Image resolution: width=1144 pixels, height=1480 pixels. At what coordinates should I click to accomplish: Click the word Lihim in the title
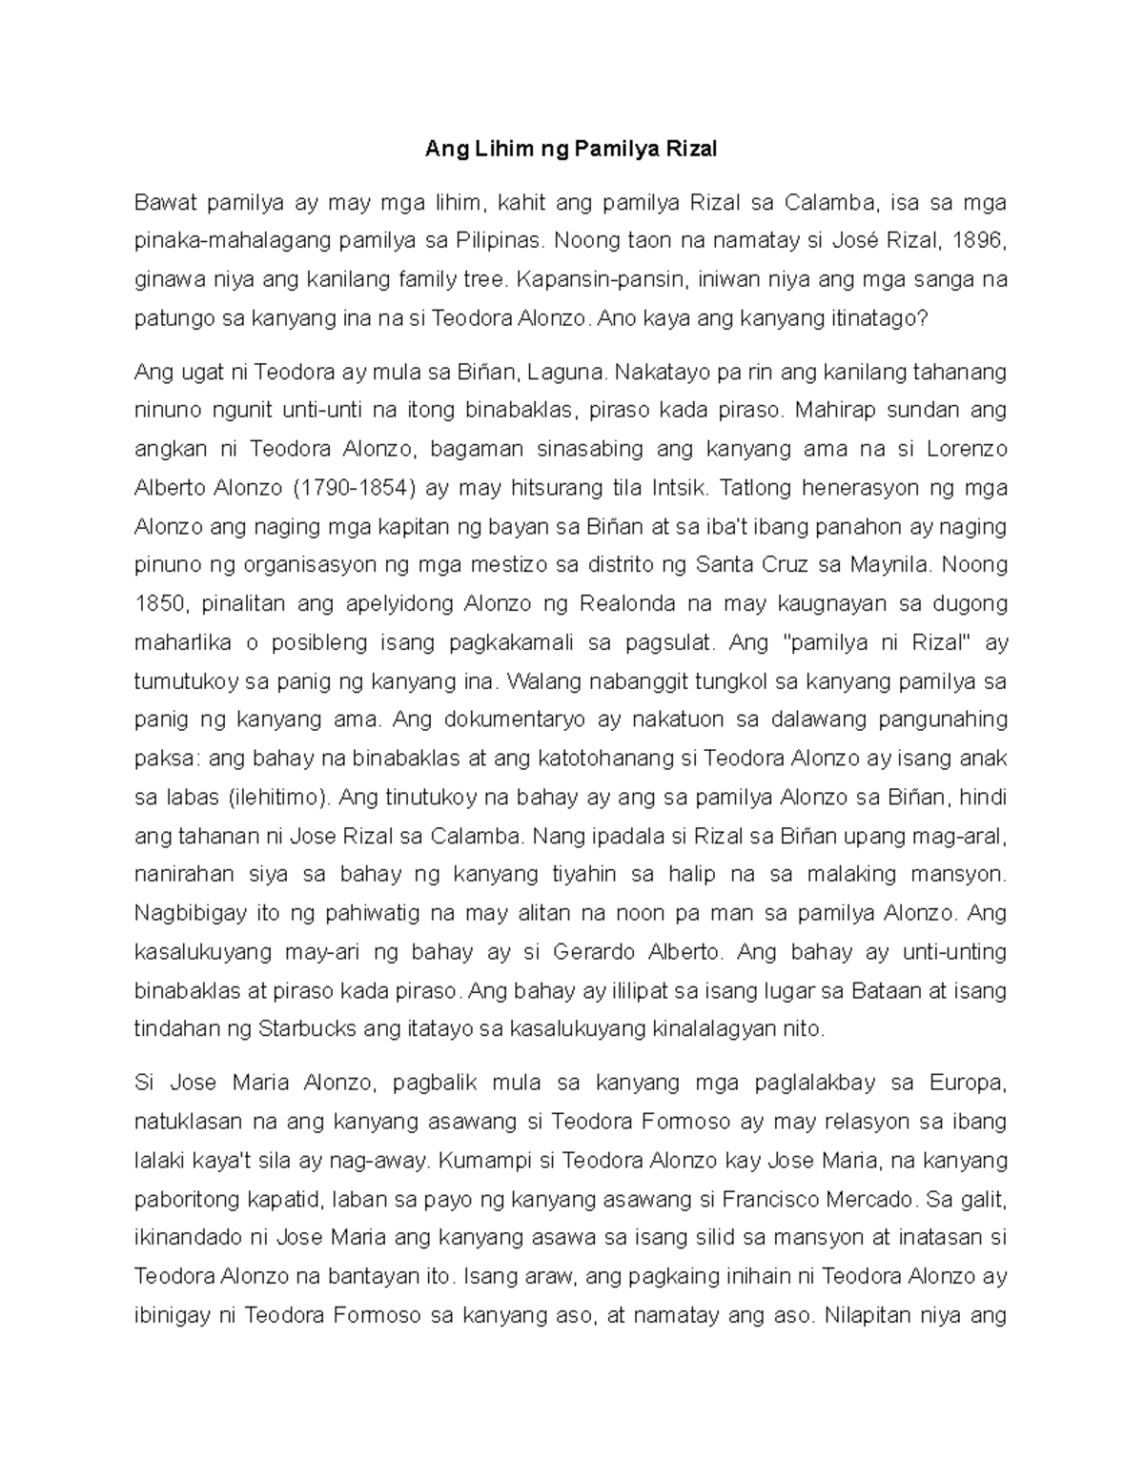point(494,150)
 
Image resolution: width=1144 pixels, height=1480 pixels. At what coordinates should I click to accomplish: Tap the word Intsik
point(680,488)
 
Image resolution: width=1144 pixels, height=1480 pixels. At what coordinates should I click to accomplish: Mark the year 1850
point(158,604)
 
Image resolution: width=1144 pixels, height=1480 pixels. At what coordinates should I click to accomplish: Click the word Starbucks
point(308,1029)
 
